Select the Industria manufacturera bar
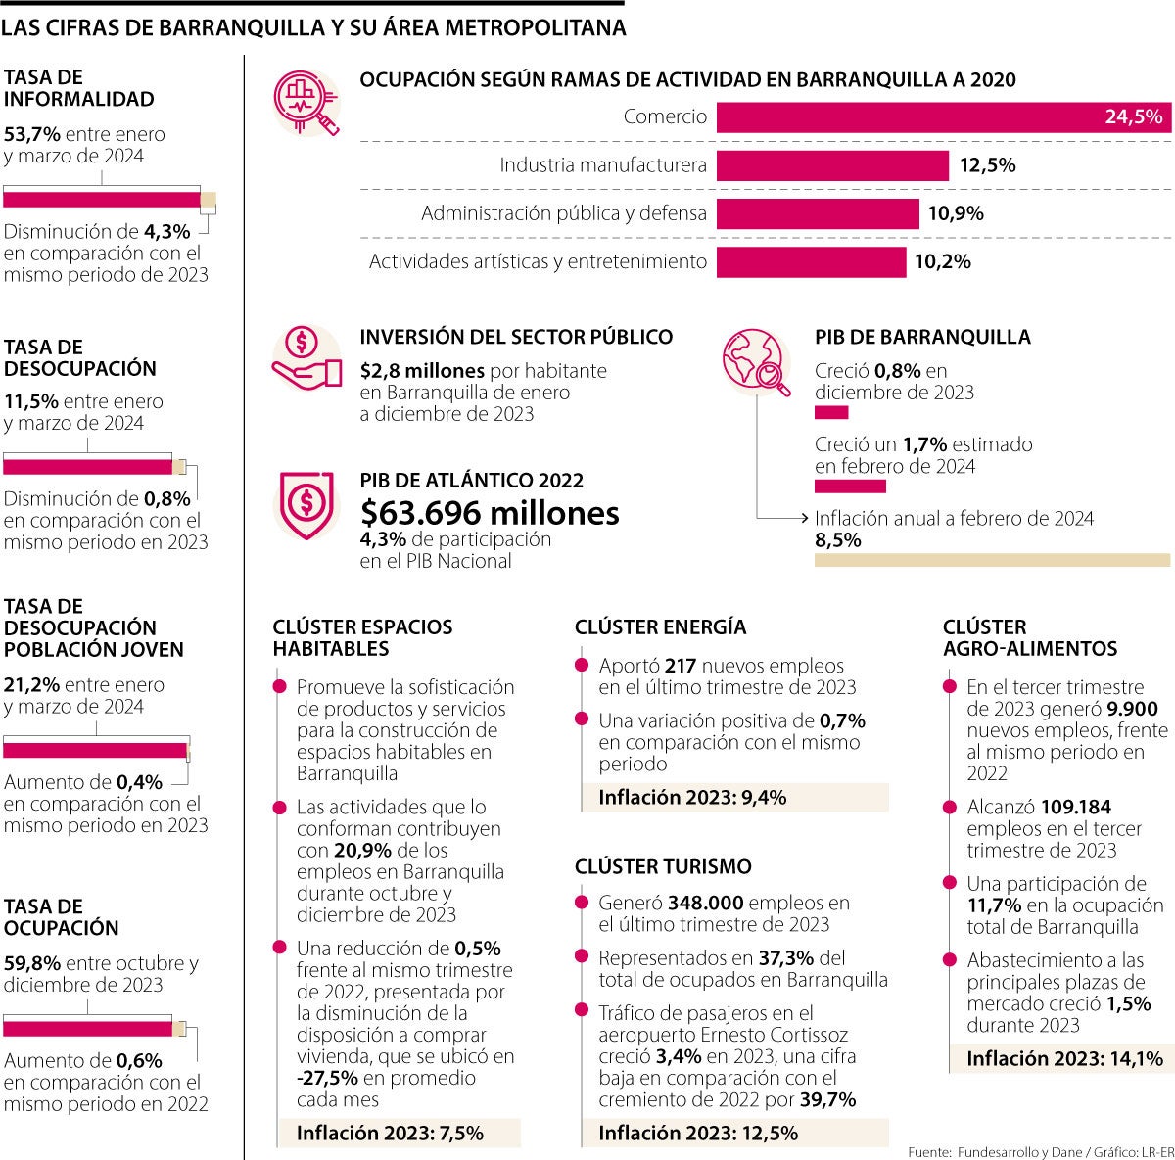pos(832,165)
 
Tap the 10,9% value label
pos(956,213)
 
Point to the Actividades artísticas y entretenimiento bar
pos(811,261)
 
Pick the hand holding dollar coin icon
pos(306,358)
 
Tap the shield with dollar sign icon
pos(306,503)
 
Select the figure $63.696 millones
pos(490,513)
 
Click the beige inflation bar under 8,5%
pos(992,560)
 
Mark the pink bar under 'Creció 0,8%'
pos(831,413)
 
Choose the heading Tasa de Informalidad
pos(78,88)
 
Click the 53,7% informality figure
pos(30,134)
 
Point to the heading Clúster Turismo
pos(663,866)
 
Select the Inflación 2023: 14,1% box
pos(1063,1058)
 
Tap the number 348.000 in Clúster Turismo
pos(704,903)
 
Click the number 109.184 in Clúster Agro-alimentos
pos(1075,808)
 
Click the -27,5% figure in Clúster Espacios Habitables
pos(327,1078)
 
